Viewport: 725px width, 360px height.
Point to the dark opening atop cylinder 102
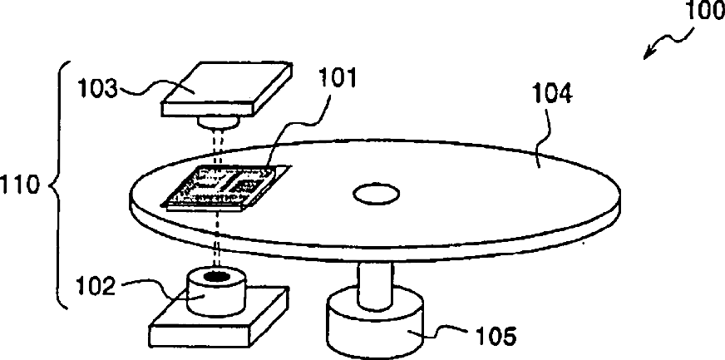pyautogui.click(x=219, y=275)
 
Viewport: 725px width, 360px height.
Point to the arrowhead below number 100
pyautogui.click(x=650, y=55)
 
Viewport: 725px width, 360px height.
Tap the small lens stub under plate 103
pyautogui.click(x=218, y=123)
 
